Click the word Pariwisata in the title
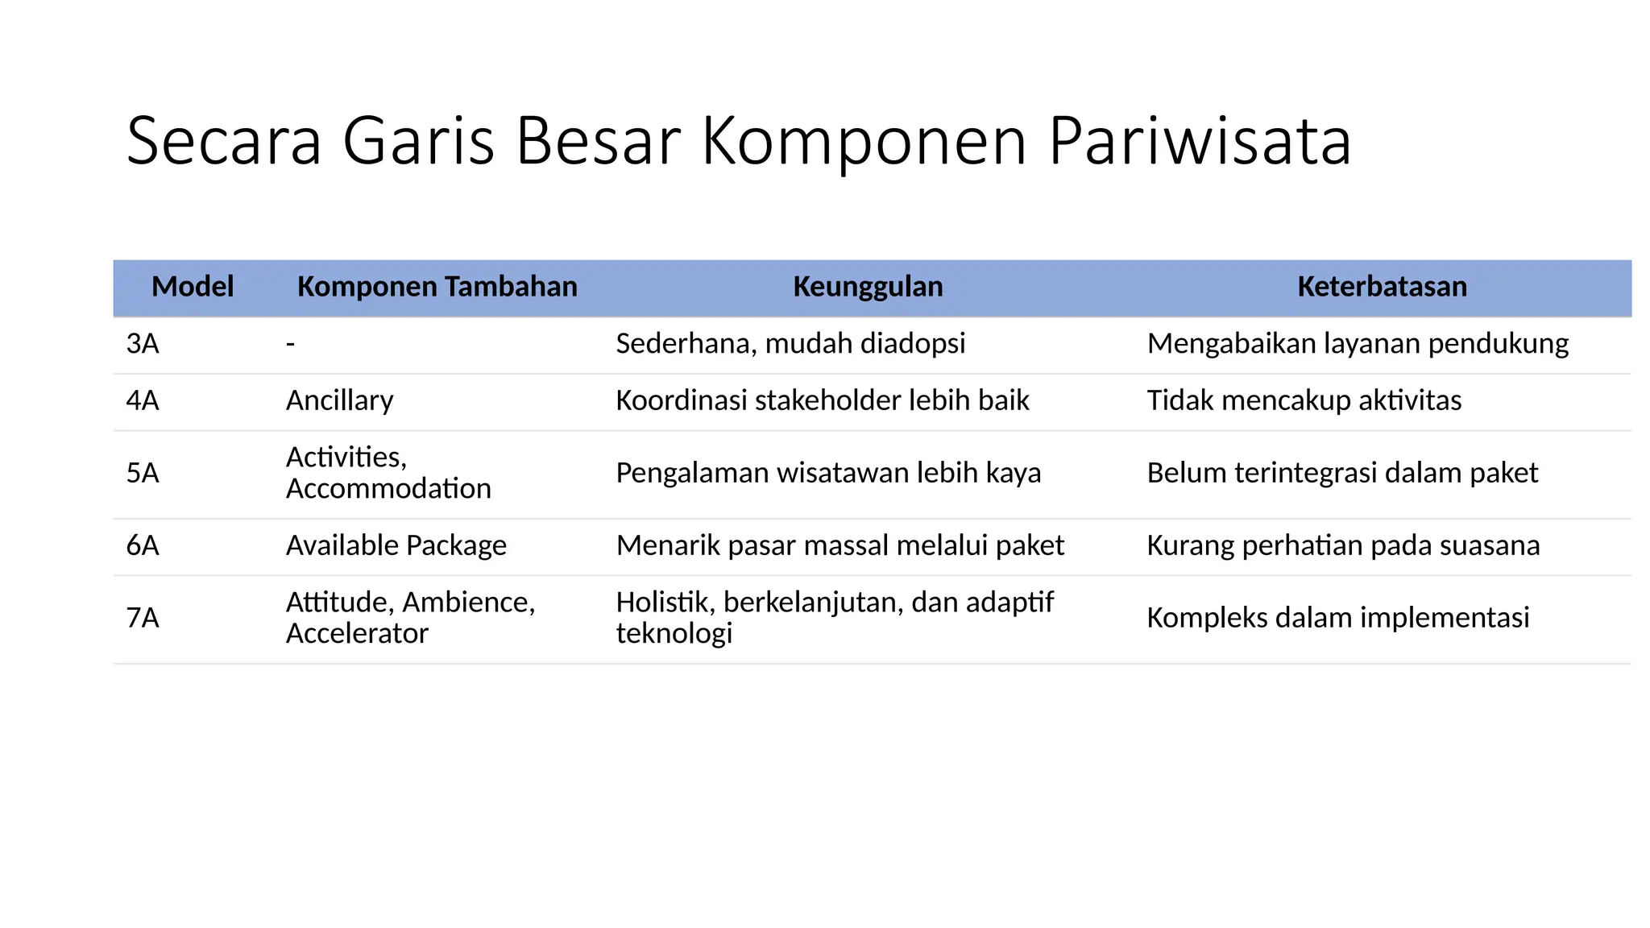1200,142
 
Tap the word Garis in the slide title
418,142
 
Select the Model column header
193,287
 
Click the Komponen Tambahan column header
437,287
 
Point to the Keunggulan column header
868,287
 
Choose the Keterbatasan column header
1382,287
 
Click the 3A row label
143,344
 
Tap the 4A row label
143,400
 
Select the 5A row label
143,473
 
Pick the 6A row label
143,545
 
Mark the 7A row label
143,618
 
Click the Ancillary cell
339,400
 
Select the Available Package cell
396,545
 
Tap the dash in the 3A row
291,344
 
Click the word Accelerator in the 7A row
357,633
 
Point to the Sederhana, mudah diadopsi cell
790,344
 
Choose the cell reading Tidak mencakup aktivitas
1304,400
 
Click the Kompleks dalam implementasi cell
1337,618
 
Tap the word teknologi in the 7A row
674,633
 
